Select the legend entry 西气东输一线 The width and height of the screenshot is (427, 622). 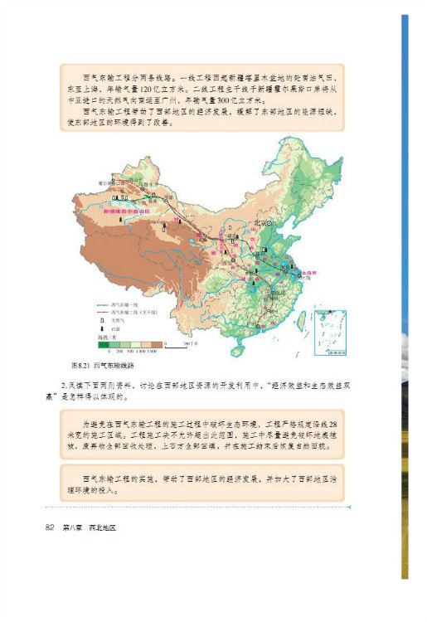tap(124, 304)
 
